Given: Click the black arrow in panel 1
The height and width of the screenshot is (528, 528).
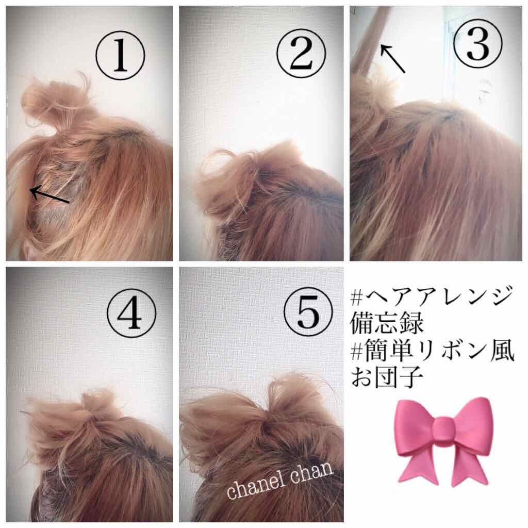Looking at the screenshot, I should tap(49, 196).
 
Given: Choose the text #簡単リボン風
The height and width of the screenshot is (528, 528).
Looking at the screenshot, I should tap(431, 353).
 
